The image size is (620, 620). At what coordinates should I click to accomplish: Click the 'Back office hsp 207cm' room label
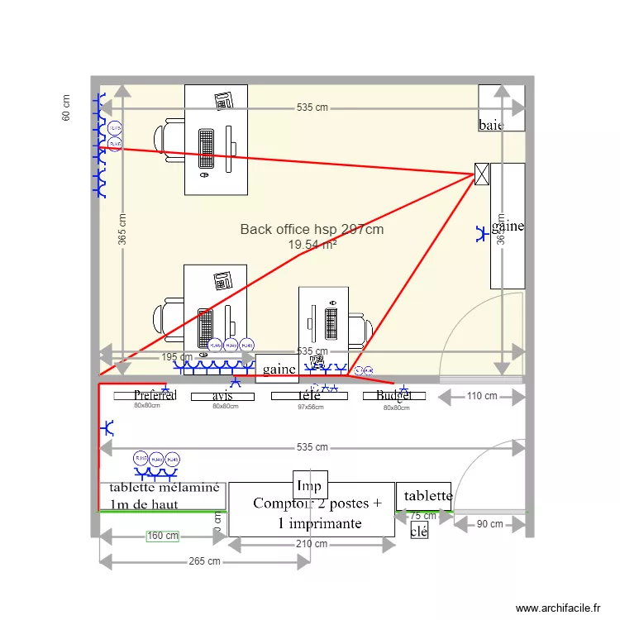pyautogui.click(x=312, y=229)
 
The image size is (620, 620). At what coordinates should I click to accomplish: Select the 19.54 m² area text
pyautogui.click(x=312, y=245)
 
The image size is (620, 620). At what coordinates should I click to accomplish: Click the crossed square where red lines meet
pyautogui.click(x=482, y=174)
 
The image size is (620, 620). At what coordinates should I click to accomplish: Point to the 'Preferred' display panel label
pyautogui.click(x=155, y=396)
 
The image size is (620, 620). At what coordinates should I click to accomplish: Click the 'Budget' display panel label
pyautogui.click(x=393, y=396)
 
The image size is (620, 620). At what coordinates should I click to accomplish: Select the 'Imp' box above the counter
pyautogui.click(x=309, y=485)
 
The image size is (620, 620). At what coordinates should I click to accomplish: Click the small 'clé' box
pyautogui.click(x=419, y=532)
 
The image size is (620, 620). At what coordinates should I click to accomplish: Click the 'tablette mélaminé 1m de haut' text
pyautogui.click(x=160, y=496)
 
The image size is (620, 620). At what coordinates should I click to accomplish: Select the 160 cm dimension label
pyautogui.click(x=163, y=536)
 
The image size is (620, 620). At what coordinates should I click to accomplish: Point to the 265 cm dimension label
pyautogui.click(x=205, y=561)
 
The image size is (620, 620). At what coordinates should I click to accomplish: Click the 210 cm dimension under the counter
pyautogui.click(x=312, y=544)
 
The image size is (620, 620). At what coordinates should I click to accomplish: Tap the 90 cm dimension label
pyautogui.click(x=490, y=524)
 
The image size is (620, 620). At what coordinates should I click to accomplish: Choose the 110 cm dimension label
pyautogui.click(x=482, y=396)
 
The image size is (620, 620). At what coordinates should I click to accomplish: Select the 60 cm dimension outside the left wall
pyautogui.click(x=66, y=107)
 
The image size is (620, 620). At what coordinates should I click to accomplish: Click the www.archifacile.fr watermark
pyautogui.click(x=560, y=608)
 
